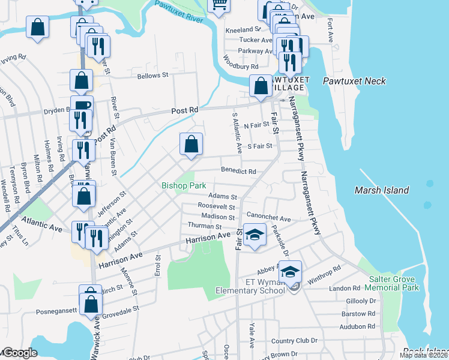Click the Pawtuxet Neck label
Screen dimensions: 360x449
(x=354, y=81)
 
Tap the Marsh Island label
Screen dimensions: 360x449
(x=381, y=190)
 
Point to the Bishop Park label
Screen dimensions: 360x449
(x=184, y=186)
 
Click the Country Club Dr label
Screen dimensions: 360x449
(x=294, y=341)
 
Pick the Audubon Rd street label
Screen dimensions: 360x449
(x=357, y=326)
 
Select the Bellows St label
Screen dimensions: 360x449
(x=152, y=76)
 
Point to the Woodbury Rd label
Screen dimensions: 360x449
(x=240, y=67)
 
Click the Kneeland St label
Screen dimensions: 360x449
(x=243, y=29)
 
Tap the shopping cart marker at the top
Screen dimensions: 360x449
(x=219, y=5)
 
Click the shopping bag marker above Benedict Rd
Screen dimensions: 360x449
(x=191, y=145)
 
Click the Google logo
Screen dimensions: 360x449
(x=19, y=353)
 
